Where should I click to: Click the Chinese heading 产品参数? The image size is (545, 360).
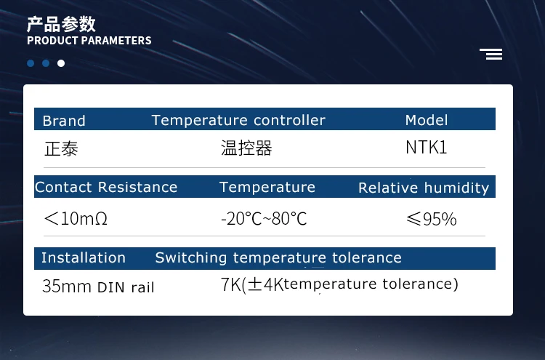point(61,24)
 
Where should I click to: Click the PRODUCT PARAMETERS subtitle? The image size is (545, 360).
point(89,41)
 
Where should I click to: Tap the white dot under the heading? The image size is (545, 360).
point(61,63)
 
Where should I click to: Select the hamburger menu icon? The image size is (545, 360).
point(491,54)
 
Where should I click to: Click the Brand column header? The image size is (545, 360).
point(64,121)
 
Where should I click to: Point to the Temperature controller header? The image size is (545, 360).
point(238,120)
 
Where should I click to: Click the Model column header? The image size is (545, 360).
point(427,120)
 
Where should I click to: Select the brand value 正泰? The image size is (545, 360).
point(61,148)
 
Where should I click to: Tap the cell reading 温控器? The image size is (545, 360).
point(246,148)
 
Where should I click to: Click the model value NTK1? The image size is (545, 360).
point(427,148)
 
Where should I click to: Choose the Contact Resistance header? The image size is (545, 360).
point(106,187)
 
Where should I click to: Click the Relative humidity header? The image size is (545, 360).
point(424,188)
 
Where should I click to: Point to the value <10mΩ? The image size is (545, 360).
point(76,218)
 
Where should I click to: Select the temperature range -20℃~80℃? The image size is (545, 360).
point(264,218)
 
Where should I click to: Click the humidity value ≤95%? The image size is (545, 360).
point(432,218)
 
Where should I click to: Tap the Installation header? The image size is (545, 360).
point(84,257)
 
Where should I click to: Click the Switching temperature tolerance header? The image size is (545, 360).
point(278,257)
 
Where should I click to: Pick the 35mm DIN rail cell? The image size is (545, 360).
point(98,287)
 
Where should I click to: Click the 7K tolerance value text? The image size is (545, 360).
point(339,284)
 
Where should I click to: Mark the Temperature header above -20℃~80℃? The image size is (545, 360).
point(267,187)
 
